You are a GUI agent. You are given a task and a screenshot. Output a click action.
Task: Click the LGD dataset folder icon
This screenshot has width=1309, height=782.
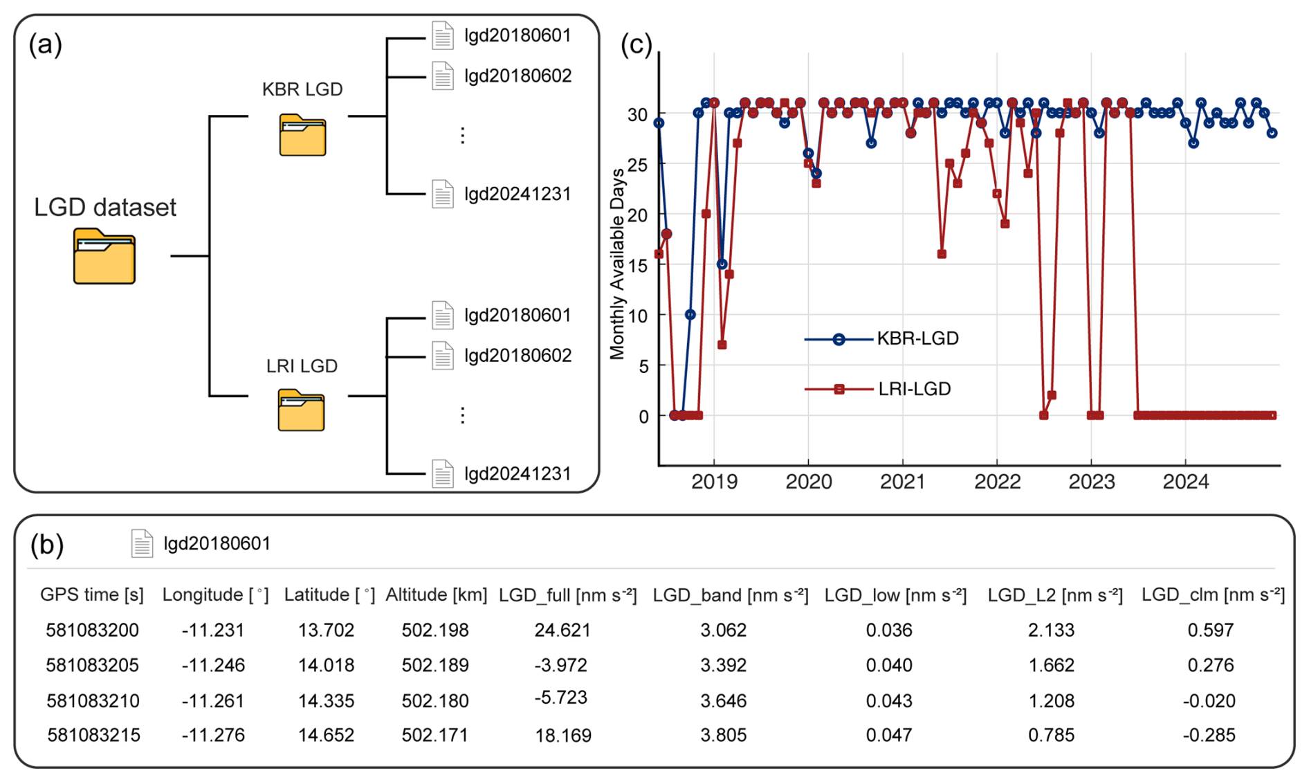click(x=104, y=255)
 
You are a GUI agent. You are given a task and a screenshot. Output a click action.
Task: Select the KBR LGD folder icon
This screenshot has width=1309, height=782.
click(x=302, y=135)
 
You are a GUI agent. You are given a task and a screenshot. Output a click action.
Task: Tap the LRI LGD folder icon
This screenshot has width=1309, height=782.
click(x=301, y=410)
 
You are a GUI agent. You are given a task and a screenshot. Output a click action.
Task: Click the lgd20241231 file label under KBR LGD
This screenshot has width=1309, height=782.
click(x=518, y=194)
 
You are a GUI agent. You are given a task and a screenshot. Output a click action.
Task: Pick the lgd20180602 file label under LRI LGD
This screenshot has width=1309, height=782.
click(x=518, y=356)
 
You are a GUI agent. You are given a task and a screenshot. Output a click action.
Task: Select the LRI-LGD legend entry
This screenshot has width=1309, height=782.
click(x=878, y=389)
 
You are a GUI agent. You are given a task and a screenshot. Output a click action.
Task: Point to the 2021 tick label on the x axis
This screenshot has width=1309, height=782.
click(x=902, y=482)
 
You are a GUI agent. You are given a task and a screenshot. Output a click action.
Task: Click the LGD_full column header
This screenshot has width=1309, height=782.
click(x=567, y=594)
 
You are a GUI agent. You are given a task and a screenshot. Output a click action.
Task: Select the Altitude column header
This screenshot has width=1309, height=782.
click(x=436, y=594)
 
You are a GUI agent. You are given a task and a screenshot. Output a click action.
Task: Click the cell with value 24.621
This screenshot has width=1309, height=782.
click(x=562, y=630)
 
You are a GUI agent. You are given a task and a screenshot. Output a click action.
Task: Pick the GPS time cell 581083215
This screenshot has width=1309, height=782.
click(x=93, y=735)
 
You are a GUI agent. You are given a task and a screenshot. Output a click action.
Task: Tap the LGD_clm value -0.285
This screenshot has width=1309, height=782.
click(x=1209, y=735)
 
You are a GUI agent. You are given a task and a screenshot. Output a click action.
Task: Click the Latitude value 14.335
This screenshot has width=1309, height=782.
click(x=326, y=701)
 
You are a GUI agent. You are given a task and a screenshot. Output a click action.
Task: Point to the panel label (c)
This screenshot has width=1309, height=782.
click(x=637, y=44)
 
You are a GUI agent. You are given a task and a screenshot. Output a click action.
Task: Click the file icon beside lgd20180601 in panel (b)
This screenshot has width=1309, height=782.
click(x=142, y=543)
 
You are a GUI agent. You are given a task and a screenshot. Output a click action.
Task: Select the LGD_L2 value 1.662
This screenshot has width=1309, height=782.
click(x=1051, y=665)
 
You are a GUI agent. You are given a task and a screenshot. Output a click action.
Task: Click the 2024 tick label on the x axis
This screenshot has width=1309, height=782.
click(x=1185, y=482)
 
